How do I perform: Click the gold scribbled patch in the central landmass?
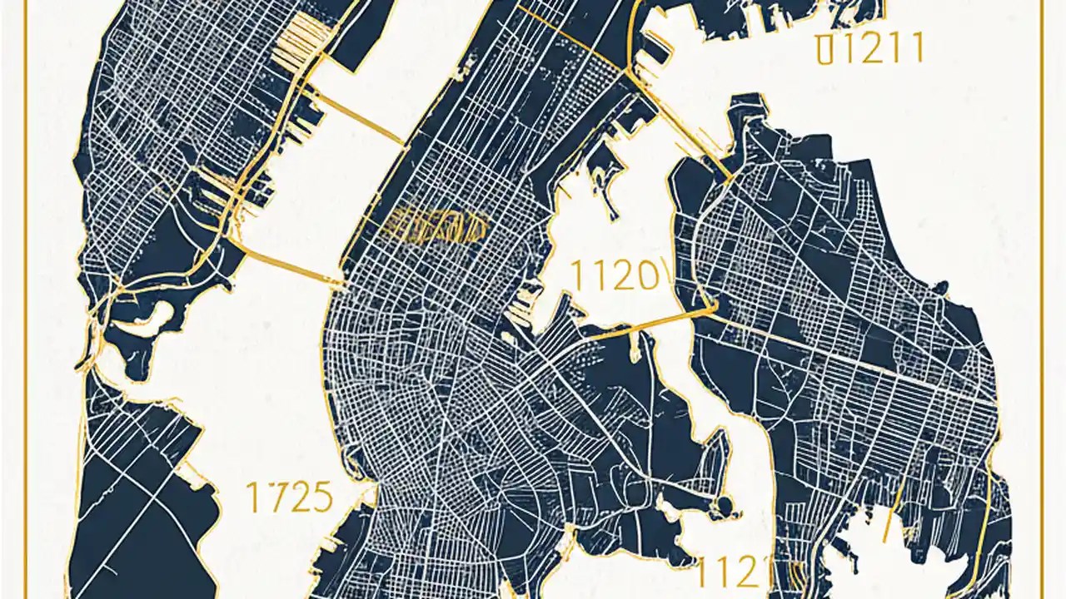pyautogui.click(x=433, y=225)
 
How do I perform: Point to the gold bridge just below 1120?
pyautogui.click(x=650, y=325)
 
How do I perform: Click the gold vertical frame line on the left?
pyautogui.click(x=25, y=299)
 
